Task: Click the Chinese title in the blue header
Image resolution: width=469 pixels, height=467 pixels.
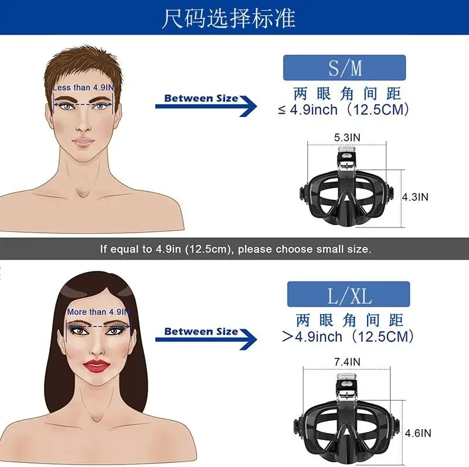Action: tap(229, 19)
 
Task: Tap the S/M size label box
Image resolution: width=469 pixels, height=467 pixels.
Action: tap(345, 67)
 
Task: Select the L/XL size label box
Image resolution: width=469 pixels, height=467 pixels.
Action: tap(348, 294)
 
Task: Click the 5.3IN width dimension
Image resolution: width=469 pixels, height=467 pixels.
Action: tap(347, 138)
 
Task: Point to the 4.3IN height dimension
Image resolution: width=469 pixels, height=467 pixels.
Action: tap(415, 197)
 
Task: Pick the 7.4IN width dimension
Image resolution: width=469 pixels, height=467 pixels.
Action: tap(347, 362)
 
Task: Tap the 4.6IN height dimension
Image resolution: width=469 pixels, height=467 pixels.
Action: tap(418, 433)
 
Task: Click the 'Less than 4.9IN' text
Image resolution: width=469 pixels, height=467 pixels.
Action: tap(83, 88)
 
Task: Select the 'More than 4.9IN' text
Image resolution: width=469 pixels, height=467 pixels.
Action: tap(98, 312)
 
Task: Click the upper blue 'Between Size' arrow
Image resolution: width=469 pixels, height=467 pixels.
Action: tap(206, 106)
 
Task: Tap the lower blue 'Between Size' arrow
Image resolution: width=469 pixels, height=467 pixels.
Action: tap(206, 339)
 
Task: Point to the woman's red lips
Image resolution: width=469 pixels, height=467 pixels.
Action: tap(97, 366)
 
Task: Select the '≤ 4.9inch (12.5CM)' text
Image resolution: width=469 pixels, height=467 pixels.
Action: tap(344, 110)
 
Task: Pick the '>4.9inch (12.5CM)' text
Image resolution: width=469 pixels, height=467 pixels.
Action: tap(348, 337)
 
